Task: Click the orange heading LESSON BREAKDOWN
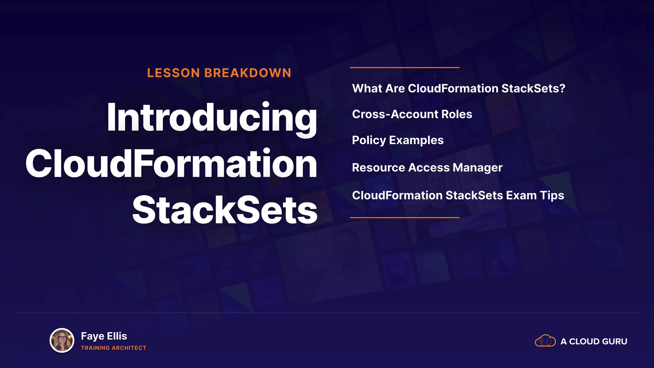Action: click(219, 73)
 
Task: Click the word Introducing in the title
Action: click(212, 118)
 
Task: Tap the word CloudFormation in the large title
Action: click(171, 164)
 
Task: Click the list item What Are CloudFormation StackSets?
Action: click(458, 88)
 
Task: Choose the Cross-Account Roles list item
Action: click(412, 114)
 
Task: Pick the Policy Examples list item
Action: click(398, 140)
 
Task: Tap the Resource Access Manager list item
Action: click(427, 168)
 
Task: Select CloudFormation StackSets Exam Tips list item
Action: click(458, 196)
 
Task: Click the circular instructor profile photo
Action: click(62, 340)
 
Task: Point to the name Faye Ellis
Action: click(104, 336)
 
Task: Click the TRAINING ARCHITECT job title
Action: click(113, 348)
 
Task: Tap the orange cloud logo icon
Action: click(545, 341)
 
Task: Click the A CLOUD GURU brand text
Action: click(594, 341)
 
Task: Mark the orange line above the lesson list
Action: click(405, 67)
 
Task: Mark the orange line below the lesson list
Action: click(405, 217)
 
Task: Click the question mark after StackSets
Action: click(562, 88)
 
